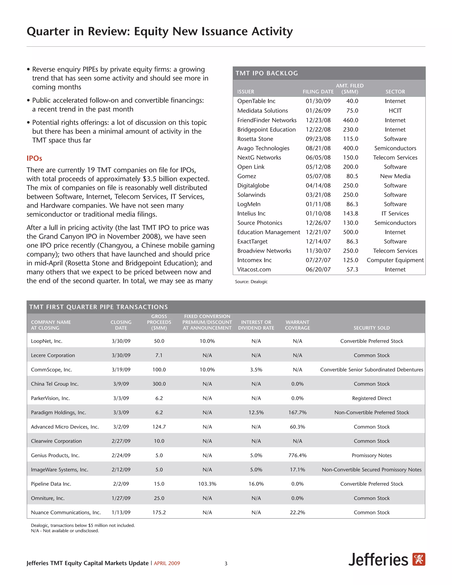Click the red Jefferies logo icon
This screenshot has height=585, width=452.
pos(418,559)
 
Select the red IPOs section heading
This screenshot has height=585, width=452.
pos(34,158)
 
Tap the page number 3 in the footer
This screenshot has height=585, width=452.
pos(226,564)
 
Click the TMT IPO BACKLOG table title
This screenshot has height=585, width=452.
pos(266,73)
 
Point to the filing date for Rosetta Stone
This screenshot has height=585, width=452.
pos(318,139)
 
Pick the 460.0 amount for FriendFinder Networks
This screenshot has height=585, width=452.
pos(350,120)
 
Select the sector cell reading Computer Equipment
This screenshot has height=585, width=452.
pos(395,260)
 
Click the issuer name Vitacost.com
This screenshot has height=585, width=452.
pos(254,270)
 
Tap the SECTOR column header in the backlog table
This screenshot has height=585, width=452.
pos(395,92)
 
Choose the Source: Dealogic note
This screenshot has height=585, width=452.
pos(251,282)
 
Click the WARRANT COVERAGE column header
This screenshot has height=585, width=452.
pos(297,325)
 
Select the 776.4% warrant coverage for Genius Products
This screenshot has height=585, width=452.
pos(297,455)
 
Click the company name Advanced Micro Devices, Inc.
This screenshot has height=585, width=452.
pos(65,427)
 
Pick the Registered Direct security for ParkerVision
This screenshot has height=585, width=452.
pos(371,398)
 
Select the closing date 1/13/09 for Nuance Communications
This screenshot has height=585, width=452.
pos(121,512)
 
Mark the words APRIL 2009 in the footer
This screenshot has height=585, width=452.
pos(167,563)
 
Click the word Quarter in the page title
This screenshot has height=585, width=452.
pos(48,32)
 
